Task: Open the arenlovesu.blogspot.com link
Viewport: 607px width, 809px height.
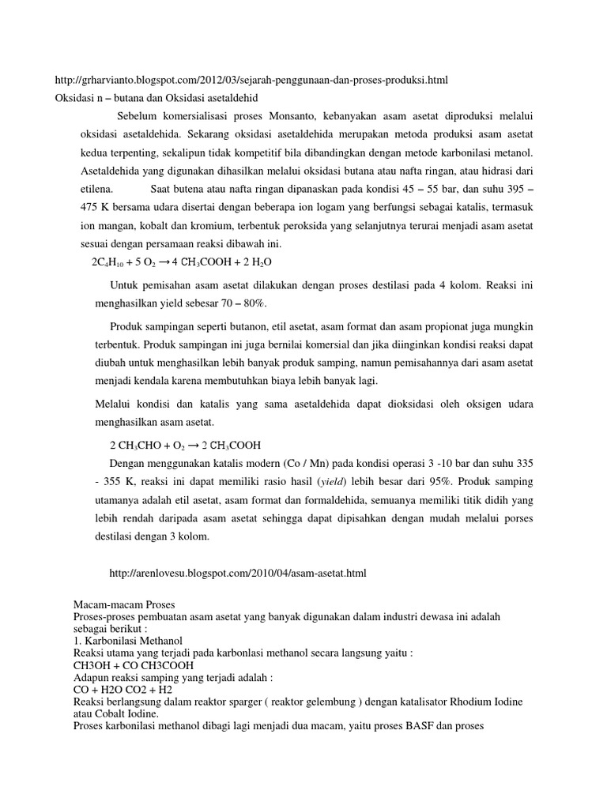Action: (237, 571)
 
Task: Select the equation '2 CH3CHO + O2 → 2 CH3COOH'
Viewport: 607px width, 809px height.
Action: (185, 443)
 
